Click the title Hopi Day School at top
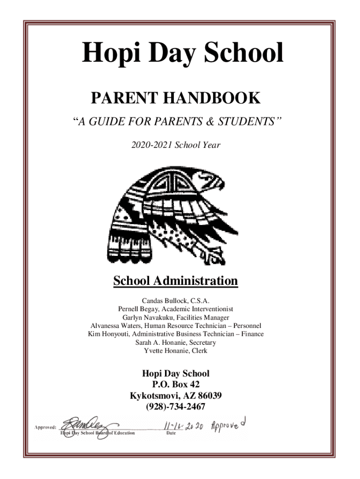tap(183, 53)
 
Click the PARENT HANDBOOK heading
tap(175, 98)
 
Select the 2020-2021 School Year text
tap(175, 145)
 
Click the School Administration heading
tap(175, 281)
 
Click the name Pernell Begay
tap(137, 309)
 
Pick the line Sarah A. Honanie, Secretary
tap(175, 342)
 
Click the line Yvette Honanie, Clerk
tap(175, 351)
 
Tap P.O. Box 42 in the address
tap(175, 385)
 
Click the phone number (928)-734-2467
tap(175, 407)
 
